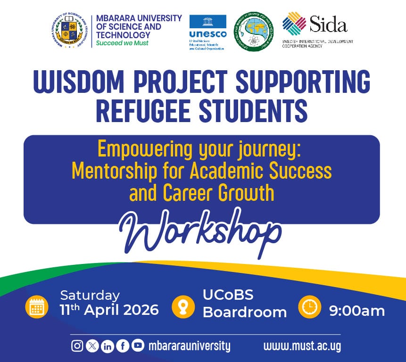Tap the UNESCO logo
[207, 32]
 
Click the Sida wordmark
[328, 24]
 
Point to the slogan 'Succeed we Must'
[122, 43]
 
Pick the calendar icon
[37, 307]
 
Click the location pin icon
[182, 307]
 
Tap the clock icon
[310, 307]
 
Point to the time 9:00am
[357, 311]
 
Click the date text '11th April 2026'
[109, 310]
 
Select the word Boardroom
[244, 312]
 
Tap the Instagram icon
[77, 346]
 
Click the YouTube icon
[138, 346]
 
